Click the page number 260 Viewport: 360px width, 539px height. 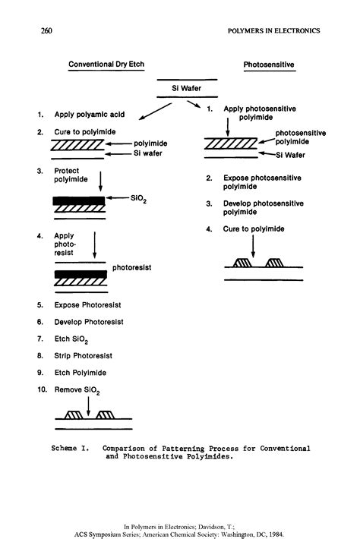(46, 31)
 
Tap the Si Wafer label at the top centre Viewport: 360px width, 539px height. (187, 89)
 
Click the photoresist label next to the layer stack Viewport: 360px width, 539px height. (134, 267)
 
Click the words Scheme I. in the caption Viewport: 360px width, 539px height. (71, 449)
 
